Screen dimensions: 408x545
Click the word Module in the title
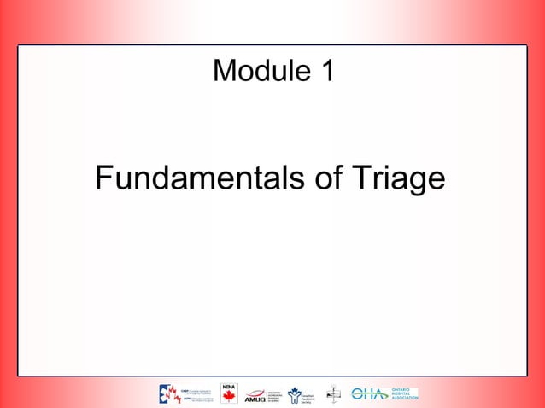pos(261,71)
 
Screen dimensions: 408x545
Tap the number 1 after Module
pos(327,71)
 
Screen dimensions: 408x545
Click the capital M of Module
pos(225,71)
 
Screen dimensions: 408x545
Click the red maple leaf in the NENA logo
pos(228,397)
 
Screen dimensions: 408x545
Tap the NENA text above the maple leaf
pos(228,387)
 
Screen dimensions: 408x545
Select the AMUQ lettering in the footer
pos(255,398)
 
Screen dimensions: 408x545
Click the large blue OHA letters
pos(370,393)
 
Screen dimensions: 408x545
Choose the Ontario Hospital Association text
pos(403,393)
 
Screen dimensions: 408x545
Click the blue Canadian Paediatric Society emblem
pos(295,393)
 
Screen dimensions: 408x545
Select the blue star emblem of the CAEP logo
pos(166,393)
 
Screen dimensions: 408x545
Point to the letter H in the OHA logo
pos(370,393)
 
